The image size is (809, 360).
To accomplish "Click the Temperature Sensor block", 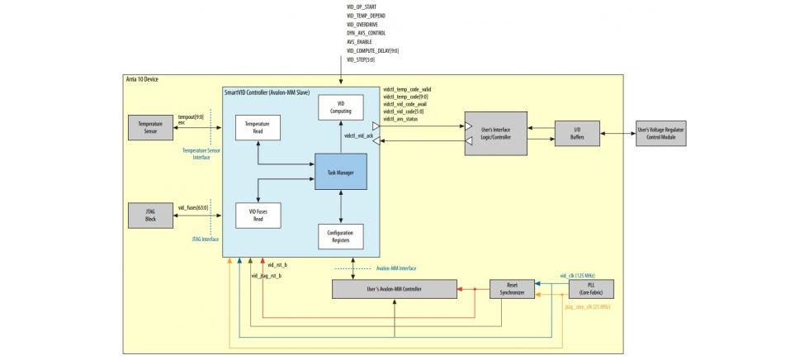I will [x=149, y=128].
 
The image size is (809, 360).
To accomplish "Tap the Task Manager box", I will [x=339, y=171].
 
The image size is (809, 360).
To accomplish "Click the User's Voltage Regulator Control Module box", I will [x=660, y=132].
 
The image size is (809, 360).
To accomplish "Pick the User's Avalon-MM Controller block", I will [x=394, y=289].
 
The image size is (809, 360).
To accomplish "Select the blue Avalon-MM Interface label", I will [x=396, y=268].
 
